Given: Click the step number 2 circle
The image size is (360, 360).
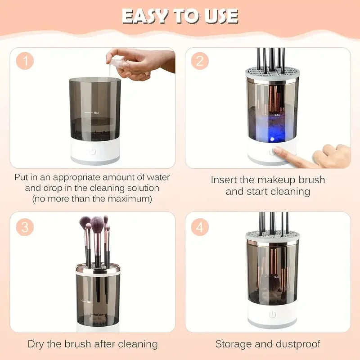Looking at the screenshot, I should click(200, 61).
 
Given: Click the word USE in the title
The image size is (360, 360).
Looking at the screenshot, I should click(220, 16).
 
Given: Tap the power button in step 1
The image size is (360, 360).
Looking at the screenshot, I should click(93, 151).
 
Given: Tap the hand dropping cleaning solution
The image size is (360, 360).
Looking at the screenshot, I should click(139, 63).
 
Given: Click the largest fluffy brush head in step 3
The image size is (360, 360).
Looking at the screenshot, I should click(98, 223).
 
